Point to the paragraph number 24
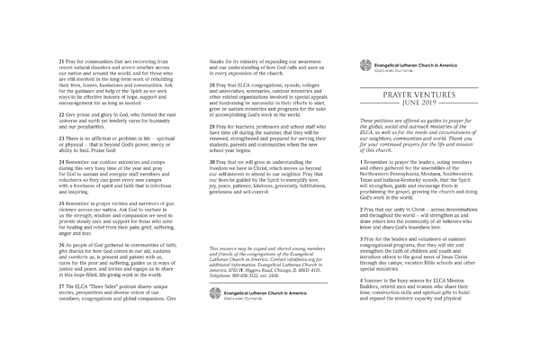60,158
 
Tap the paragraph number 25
60,206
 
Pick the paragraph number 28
210,83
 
